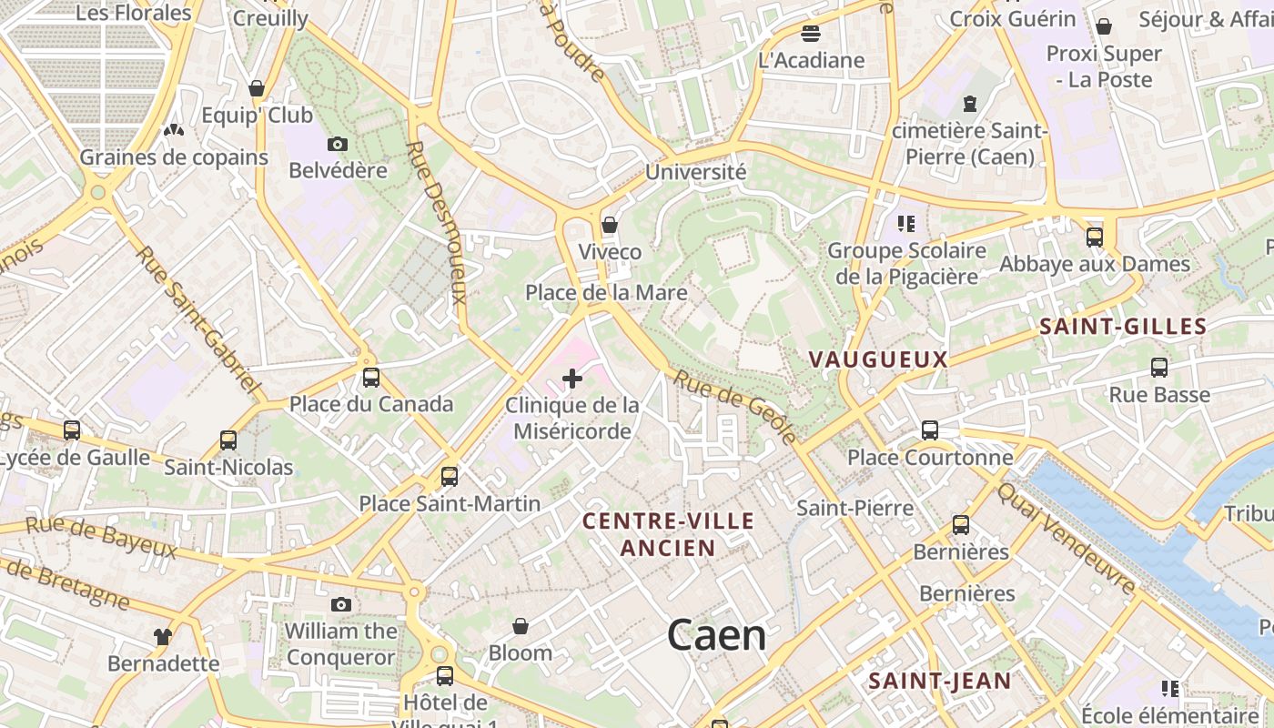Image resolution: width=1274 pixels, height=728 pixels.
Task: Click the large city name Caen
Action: tap(716, 635)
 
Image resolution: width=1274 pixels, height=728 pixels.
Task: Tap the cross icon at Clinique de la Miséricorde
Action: tap(572, 378)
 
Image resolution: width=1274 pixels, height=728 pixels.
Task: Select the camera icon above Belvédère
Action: tap(338, 144)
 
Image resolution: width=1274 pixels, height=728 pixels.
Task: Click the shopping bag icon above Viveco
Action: tap(610, 225)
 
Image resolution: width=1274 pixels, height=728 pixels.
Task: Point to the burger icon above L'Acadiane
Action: tap(811, 34)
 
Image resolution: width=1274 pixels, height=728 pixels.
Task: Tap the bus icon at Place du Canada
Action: tap(371, 377)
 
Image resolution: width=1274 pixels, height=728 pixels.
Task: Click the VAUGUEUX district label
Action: tap(878, 359)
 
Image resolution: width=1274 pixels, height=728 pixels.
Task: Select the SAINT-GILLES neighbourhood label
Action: tap(1123, 327)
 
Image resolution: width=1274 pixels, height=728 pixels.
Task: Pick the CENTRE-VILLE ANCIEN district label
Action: tap(668, 534)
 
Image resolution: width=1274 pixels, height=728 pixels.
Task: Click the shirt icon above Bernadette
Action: tap(163, 636)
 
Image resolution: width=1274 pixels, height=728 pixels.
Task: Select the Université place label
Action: tap(695, 171)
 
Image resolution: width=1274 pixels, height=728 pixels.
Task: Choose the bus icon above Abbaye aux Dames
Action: tap(1094, 238)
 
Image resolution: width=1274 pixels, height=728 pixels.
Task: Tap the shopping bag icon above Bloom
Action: tap(521, 626)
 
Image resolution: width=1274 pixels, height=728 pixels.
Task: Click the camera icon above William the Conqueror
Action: tap(341, 604)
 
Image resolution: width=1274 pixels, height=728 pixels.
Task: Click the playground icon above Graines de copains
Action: tap(173, 130)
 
